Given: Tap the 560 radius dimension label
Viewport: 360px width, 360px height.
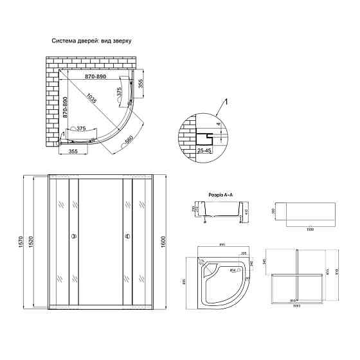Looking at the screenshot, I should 129,139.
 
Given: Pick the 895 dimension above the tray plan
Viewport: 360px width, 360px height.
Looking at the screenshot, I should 221,245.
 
